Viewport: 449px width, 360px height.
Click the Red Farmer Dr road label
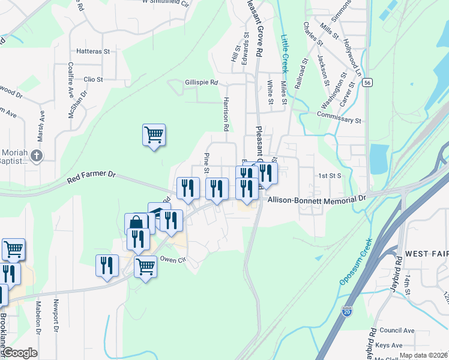(x=92, y=175)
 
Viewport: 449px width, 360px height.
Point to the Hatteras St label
(x=92, y=52)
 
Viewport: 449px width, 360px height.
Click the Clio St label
(x=93, y=79)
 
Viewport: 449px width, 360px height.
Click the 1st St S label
(x=330, y=176)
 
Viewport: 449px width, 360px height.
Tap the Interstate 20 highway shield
(x=348, y=311)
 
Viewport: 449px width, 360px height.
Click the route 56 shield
(x=366, y=85)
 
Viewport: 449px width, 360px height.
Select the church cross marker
(x=36, y=157)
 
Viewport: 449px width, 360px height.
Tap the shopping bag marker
(x=136, y=224)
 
